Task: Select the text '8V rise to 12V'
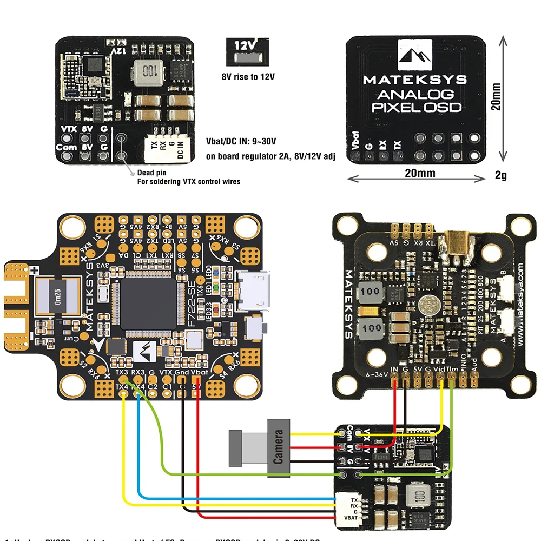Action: click(248, 76)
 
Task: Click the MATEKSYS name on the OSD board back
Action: click(414, 80)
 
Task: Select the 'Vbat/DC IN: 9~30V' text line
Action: click(241, 142)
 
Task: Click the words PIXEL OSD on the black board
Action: click(416, 107)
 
